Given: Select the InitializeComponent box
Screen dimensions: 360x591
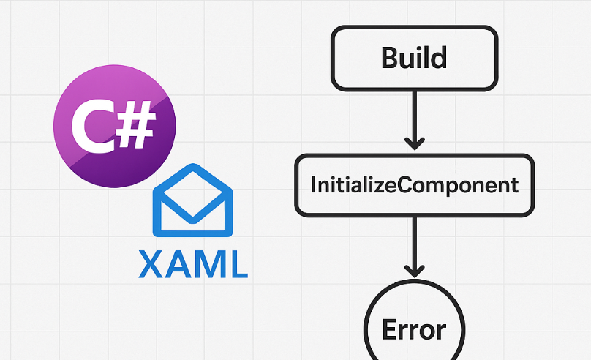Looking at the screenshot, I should tap(414, 184).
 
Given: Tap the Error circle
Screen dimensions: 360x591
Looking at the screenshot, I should tap(414, 329).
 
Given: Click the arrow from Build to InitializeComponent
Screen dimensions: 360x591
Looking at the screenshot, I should tap(415, 117).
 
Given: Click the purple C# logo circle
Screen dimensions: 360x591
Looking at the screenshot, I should tap(115, 133).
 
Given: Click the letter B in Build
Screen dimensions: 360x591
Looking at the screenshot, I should tap(391, 56).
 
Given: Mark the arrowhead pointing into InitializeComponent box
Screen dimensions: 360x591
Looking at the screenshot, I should tap(415, 143).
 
